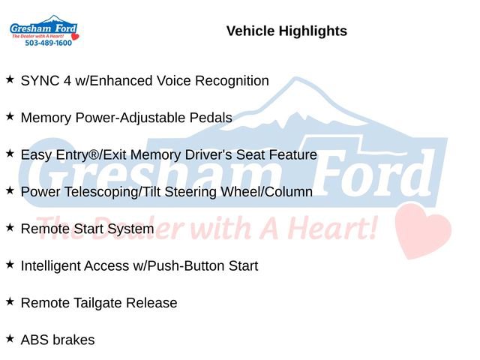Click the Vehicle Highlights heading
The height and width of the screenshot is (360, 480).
[286, 31]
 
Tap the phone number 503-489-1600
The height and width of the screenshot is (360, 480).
[48, 43]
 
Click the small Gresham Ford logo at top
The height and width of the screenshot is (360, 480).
[43, 29]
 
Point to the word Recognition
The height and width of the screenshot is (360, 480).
[232, 81]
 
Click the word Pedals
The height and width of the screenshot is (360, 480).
[211, 118]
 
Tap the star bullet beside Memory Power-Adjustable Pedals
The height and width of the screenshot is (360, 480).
[10, 116]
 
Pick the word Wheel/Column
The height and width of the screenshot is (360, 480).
[273, 192]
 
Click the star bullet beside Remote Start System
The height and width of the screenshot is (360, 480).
[10, 227]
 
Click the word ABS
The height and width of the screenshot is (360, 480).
[34, 340]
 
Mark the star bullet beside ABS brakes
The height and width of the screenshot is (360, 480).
[10, 338]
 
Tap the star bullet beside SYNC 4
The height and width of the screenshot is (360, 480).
[10, 79]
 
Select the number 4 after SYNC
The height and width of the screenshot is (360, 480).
[68, 81]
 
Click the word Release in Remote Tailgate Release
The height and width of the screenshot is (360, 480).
[154, 303]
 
